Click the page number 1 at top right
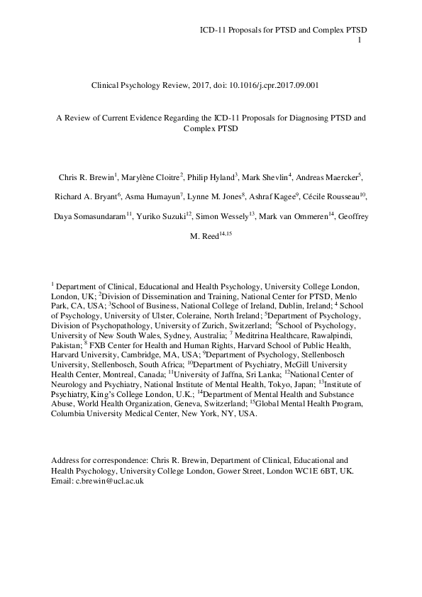pos(360,40)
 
